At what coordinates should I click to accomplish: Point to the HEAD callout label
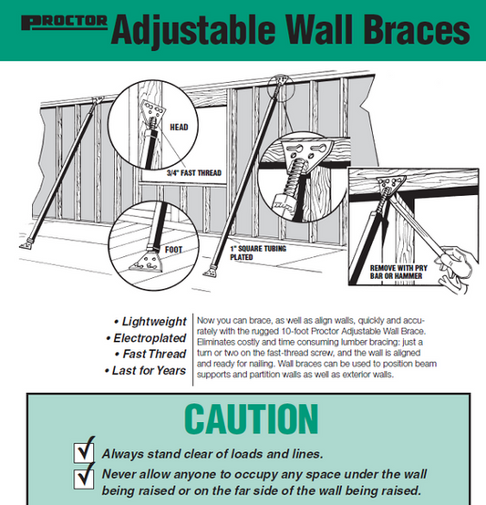[179, 128]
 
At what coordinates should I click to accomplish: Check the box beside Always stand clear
[84, 452]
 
